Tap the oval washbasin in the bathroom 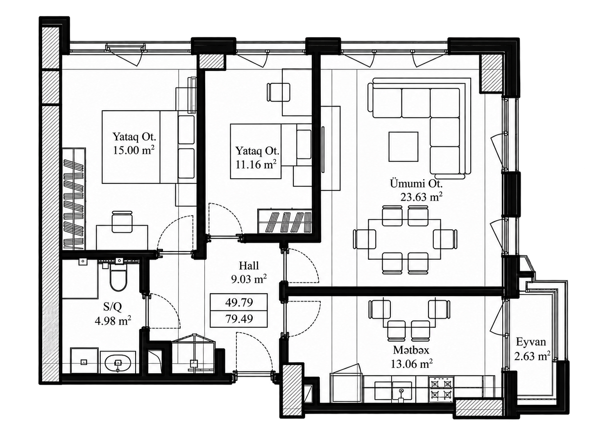(x=118, y=363)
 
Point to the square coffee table (x=403, y=147)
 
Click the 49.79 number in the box (x=239, y=302)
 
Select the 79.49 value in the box (x=239, y=319)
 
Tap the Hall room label (x=249, y=266)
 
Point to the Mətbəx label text (x=411, y=350)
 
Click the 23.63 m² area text (x=421, y=197)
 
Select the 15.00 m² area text (x=134, y=150)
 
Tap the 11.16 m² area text (x=256, y=164)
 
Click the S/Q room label (x=113, y=307)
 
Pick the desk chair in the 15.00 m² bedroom (x=122, y=221)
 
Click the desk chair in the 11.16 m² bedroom (x=279, y=92)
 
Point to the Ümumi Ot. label (x=416, y=184)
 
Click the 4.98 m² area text (x=113, y=321)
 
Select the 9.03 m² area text (x=249, y=279)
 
